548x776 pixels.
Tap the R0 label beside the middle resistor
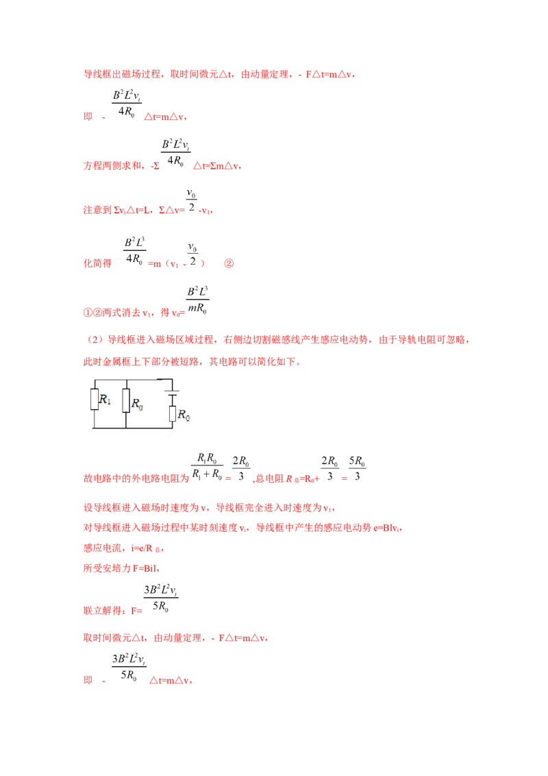pyautogui.click(x=137, y=404)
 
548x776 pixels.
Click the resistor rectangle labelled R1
pyautogui.click(x=95, y=400)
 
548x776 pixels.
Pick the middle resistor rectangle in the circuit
pyautogui.click(x=126, y=401)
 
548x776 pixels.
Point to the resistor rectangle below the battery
pyautogui.click(x=173, y=414)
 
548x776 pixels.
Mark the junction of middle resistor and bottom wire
pyautogui.click(x=126, y=428)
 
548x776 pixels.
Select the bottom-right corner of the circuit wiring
pyautogui.click(x=173, y=428)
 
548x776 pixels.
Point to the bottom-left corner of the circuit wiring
pyautogui.click(x=95, y=428)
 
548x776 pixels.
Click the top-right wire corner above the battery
pyautogui.click(x=173, y=378)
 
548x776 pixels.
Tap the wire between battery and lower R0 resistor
pyautogui.click(x=173, y=401)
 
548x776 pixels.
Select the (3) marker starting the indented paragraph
pyautogui.click(x=95, y=340)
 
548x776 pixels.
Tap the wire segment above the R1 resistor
pyautogui.click(x=95, y=384)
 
